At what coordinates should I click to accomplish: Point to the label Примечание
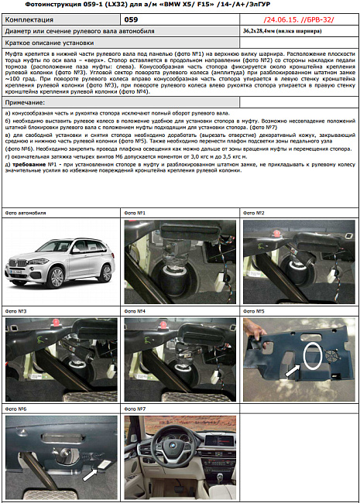point(25,102)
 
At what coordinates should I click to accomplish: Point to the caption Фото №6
point(16,409)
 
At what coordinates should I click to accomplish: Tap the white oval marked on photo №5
point(313,354)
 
